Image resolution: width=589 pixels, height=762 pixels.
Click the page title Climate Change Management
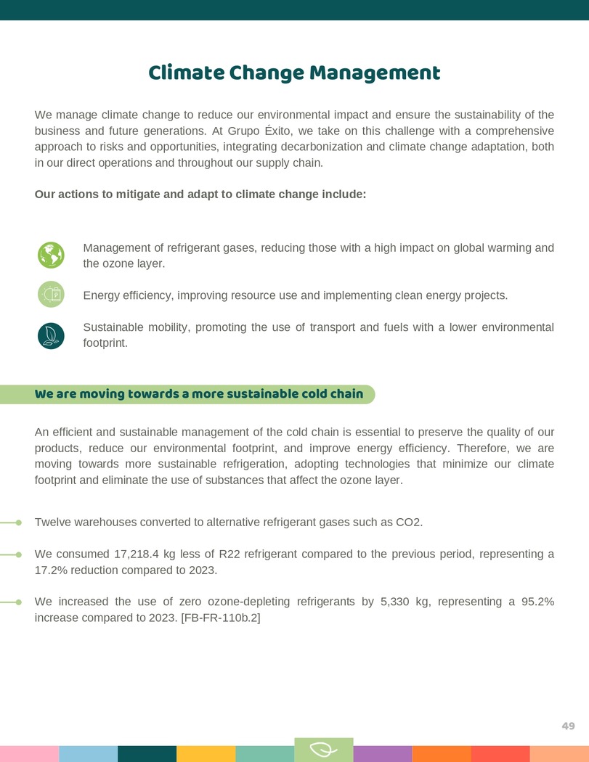click(294, 73)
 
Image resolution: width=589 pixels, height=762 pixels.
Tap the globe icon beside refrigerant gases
click(51, 255)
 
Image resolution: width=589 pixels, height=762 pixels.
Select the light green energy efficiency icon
click(51, 294)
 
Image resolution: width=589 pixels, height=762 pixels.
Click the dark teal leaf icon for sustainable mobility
click(51, 335)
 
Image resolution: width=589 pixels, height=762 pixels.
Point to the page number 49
click(568, 726)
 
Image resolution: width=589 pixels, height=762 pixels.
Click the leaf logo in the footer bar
click(323, 750)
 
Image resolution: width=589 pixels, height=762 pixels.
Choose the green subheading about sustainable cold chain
click(199, 394)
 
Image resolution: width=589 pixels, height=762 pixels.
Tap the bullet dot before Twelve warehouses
click(19, 522)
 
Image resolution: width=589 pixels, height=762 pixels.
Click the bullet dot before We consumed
click(19, 554)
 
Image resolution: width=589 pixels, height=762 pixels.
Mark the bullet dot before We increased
click(19, 602)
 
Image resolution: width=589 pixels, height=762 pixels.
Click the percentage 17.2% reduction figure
click(50, 570)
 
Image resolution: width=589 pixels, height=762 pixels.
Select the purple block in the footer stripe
click(382, 754)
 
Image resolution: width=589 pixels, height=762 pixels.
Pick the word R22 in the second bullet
click(229, 554)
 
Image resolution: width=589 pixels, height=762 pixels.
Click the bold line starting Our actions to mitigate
click(200, 194)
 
